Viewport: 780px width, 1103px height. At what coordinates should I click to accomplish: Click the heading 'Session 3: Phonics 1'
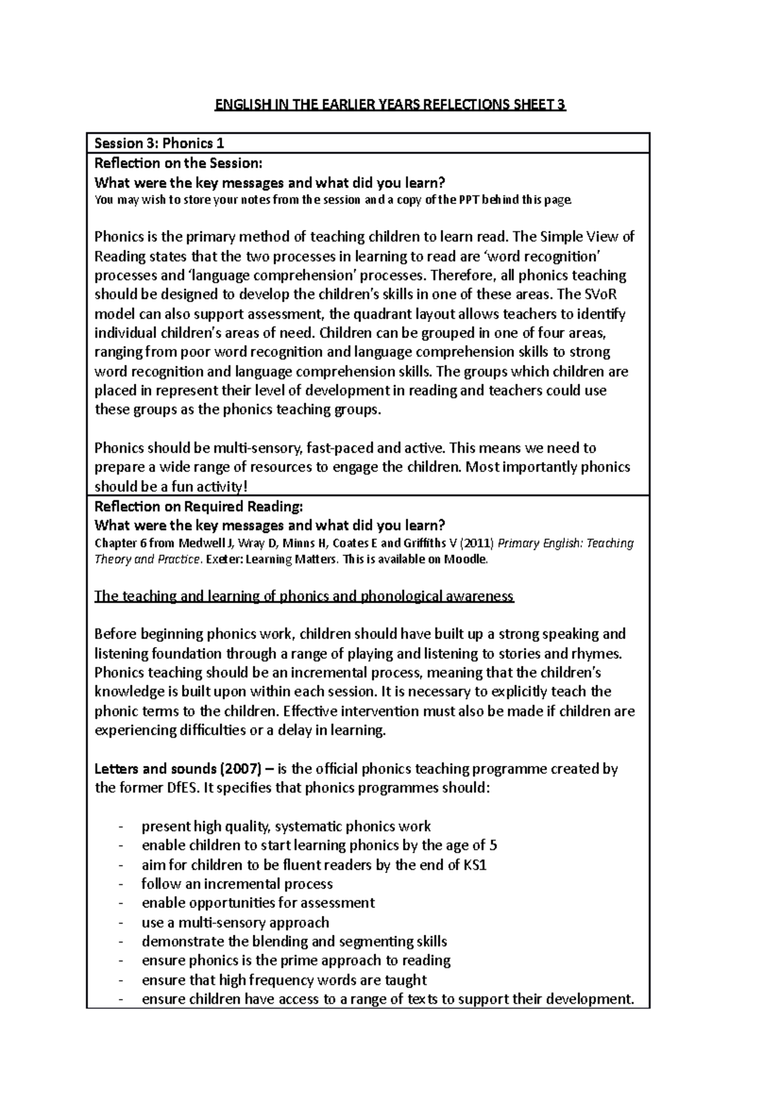[x=159, y=143]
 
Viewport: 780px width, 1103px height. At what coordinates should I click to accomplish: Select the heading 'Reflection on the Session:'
[x=179, y=162]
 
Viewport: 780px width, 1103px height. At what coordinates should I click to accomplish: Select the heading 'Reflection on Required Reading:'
[x=199, y=506]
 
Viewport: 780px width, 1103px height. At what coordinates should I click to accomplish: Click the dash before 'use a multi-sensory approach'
[x=121, y=922]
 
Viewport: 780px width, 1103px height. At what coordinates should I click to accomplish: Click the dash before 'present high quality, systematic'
[x=121, y=826]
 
